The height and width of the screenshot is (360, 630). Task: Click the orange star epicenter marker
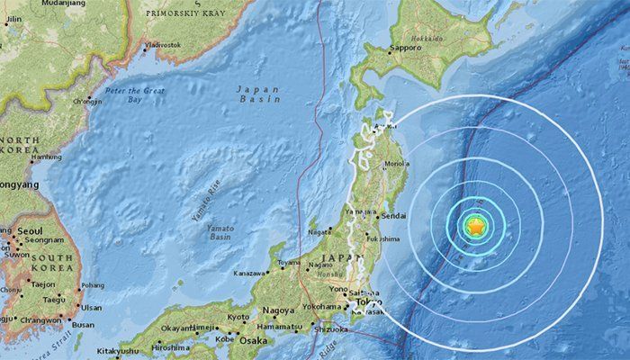(x=474, y=228)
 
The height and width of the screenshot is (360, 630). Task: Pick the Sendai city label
(x=394, y=217)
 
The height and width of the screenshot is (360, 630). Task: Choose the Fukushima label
(x=385, y=238)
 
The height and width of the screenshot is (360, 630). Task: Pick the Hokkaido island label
(x=428, y=40)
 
